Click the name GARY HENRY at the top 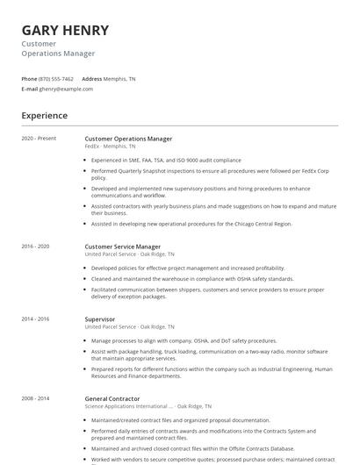click(65, 30)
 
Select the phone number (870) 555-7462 click(57, 79)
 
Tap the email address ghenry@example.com click(66, 89)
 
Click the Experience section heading click(45, 116)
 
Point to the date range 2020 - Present click(39, 139)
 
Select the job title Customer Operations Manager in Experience click(128, 139)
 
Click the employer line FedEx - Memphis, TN click(110, 147)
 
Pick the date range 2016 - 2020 click(36, 247)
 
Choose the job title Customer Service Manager click(122, 247)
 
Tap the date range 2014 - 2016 click(36, 319)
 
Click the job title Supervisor click(99, 319)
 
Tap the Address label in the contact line click(92, 79)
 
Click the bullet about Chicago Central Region click(191, 224)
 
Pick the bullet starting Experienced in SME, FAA click(165, 161)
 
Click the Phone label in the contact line click(29, 79)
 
